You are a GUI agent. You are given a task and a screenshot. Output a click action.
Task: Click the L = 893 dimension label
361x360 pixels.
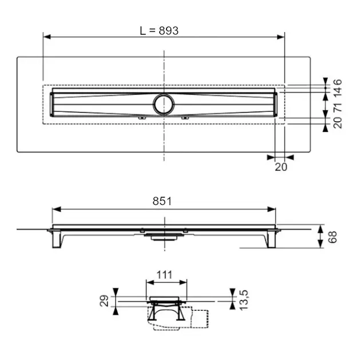coord(159,31)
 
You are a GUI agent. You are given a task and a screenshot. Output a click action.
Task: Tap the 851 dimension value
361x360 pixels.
coord(162,201)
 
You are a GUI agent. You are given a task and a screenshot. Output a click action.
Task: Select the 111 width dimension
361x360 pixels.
coord(164,275)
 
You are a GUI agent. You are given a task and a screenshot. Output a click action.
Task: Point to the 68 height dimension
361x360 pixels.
coord(332,237)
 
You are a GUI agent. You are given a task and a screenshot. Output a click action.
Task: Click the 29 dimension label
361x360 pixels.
coord(104,301)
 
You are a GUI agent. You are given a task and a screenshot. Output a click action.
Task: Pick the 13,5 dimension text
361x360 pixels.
coord(244,300)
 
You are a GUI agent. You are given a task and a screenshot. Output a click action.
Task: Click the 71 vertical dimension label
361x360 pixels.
coord(338,107)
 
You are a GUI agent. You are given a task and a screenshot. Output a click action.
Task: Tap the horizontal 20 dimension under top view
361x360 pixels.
coord(281,167)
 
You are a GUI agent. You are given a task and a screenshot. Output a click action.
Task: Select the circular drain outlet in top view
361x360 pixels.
coord(164,104)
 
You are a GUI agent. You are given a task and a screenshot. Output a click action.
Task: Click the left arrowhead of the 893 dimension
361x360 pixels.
coord(47,37)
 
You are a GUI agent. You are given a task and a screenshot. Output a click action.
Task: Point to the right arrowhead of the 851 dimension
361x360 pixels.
coord(272,209)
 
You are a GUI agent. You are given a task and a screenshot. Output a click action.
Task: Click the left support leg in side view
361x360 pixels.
coord(56,239)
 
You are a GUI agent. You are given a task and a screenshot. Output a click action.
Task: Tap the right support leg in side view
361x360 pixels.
coord(271,239)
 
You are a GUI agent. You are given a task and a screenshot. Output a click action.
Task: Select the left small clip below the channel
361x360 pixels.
coord(142,118)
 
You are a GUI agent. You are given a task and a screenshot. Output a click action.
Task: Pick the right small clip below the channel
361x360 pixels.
coord(185,118)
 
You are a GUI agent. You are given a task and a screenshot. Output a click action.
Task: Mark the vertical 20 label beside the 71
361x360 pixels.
coord(338,122)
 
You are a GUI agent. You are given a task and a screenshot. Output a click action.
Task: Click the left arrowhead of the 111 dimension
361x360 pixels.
coord(150,282)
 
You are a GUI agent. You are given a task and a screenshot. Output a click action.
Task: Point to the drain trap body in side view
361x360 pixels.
coord(164,237)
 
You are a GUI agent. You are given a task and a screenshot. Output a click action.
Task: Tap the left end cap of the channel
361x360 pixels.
coord(51,104)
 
